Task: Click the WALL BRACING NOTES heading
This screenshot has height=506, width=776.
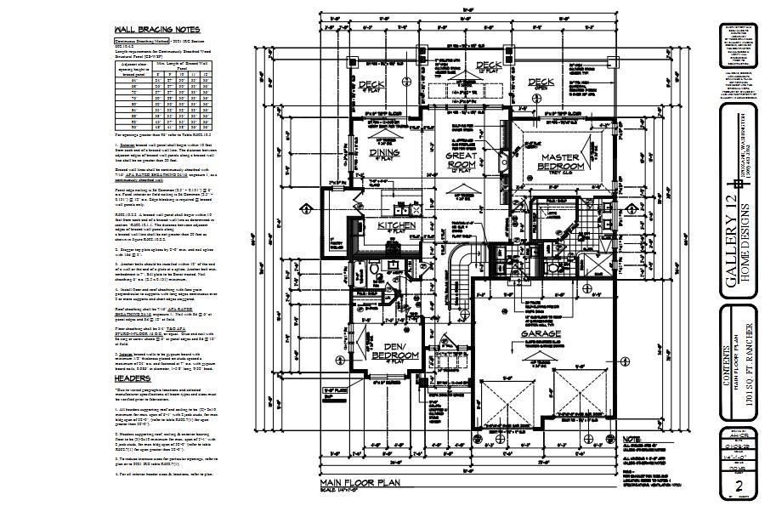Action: click(151, 29)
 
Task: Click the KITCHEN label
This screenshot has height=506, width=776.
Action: click(397, 225)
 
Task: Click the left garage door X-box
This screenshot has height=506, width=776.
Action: click(513, 404)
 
